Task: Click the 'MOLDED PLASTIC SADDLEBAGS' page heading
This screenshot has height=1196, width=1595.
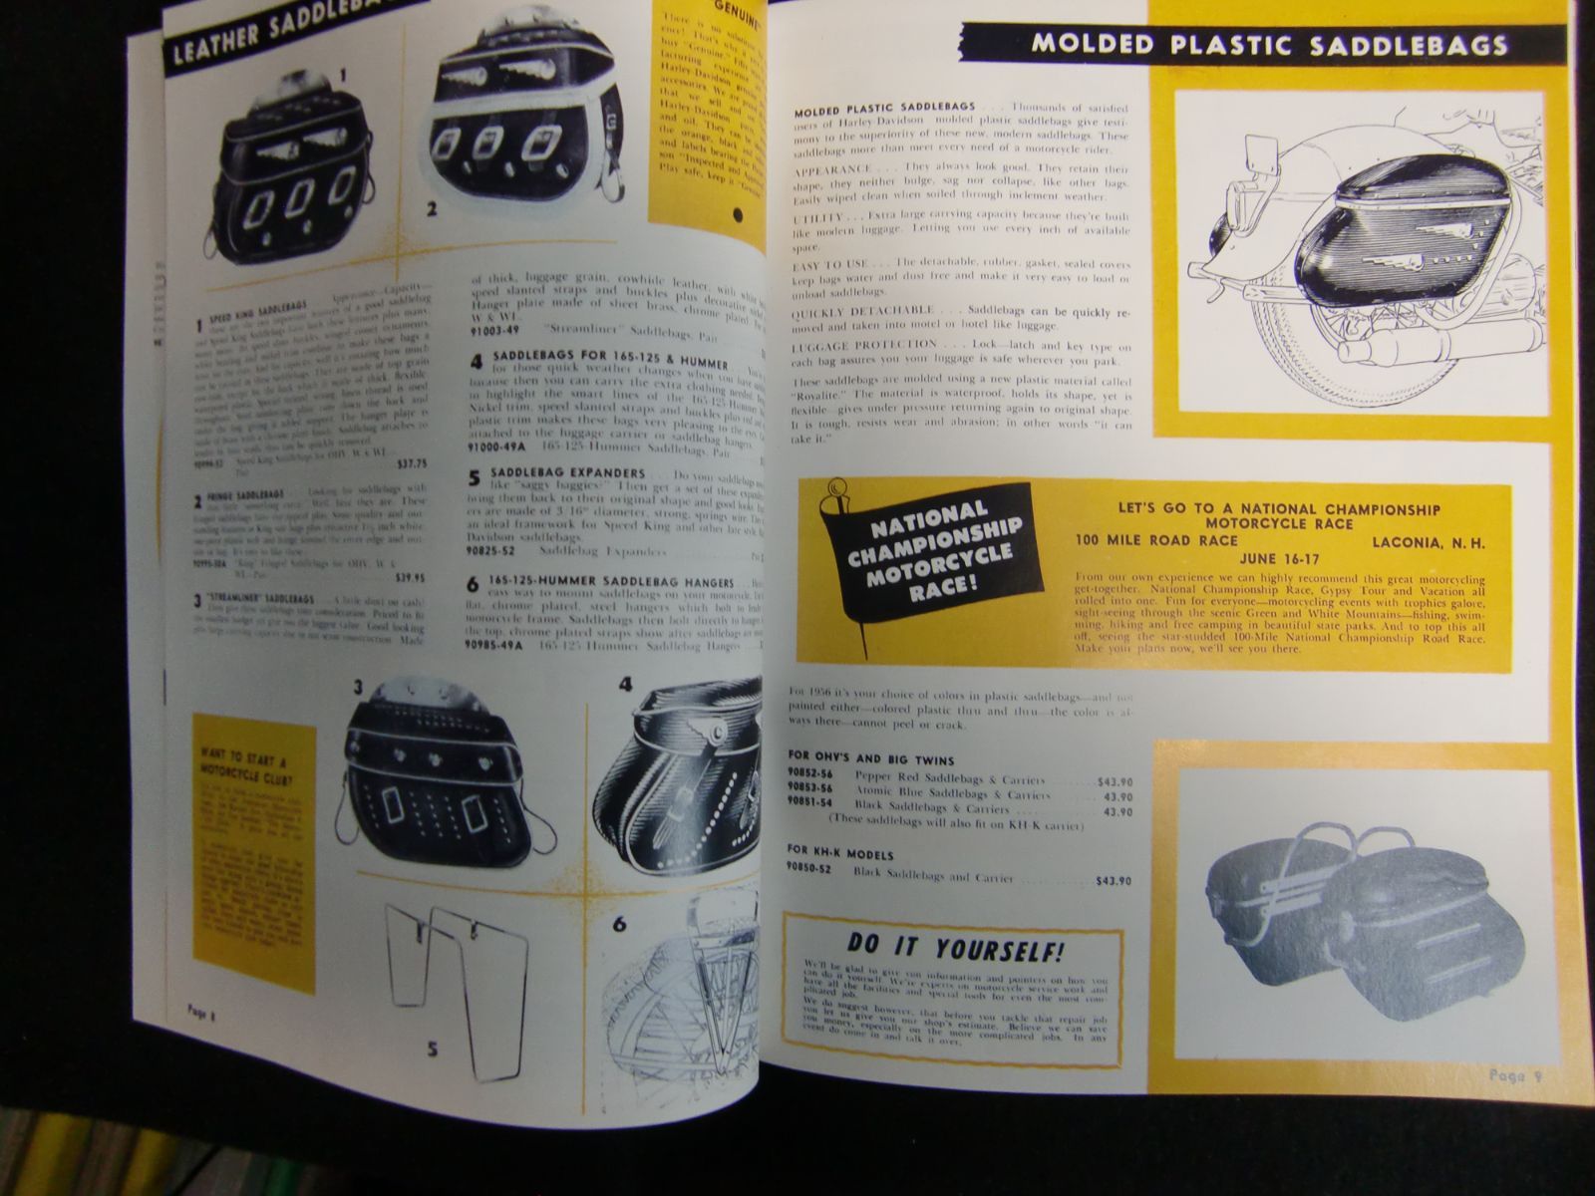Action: click(x=1268, y=44)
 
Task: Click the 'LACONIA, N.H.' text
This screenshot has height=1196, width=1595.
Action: click(x=1428, y=543)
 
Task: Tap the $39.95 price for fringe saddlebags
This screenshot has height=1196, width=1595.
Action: click(x=410, y=576)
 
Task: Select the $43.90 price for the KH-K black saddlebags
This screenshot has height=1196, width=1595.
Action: click(x=1113, y=881)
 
